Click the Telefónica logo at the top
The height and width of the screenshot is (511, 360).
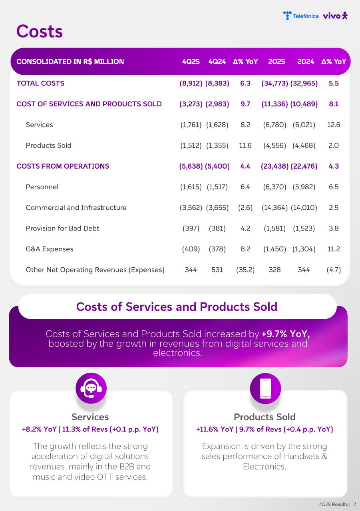click(x=300, y=16)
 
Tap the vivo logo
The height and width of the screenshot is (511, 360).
click(x=335, y=16)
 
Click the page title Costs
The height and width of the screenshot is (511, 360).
click(x=40, y=32)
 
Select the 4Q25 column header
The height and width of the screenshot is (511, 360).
click(x=191, y=62)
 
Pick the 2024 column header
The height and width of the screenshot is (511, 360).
click(x=306, y=62)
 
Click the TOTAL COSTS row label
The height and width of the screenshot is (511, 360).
click(x=40, y=83)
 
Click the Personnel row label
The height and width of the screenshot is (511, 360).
click(x=42, y=187)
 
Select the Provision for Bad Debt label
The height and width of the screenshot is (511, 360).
click(x=62, y=229)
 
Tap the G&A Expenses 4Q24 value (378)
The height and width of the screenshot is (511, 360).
click(x=217, y=249)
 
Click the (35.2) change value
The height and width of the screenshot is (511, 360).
click(x=245, y=270)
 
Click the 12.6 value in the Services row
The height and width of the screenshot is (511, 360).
click(x=333, y=125)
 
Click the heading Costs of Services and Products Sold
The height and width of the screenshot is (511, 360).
click(x=177, y=306)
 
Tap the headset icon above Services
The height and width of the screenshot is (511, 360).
click(x=91, y=388)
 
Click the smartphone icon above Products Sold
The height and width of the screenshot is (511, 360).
click(x=265, y=388)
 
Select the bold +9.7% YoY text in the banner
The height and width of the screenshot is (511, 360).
click(x=285, y=334)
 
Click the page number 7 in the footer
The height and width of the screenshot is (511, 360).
click(x=354, y=505)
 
